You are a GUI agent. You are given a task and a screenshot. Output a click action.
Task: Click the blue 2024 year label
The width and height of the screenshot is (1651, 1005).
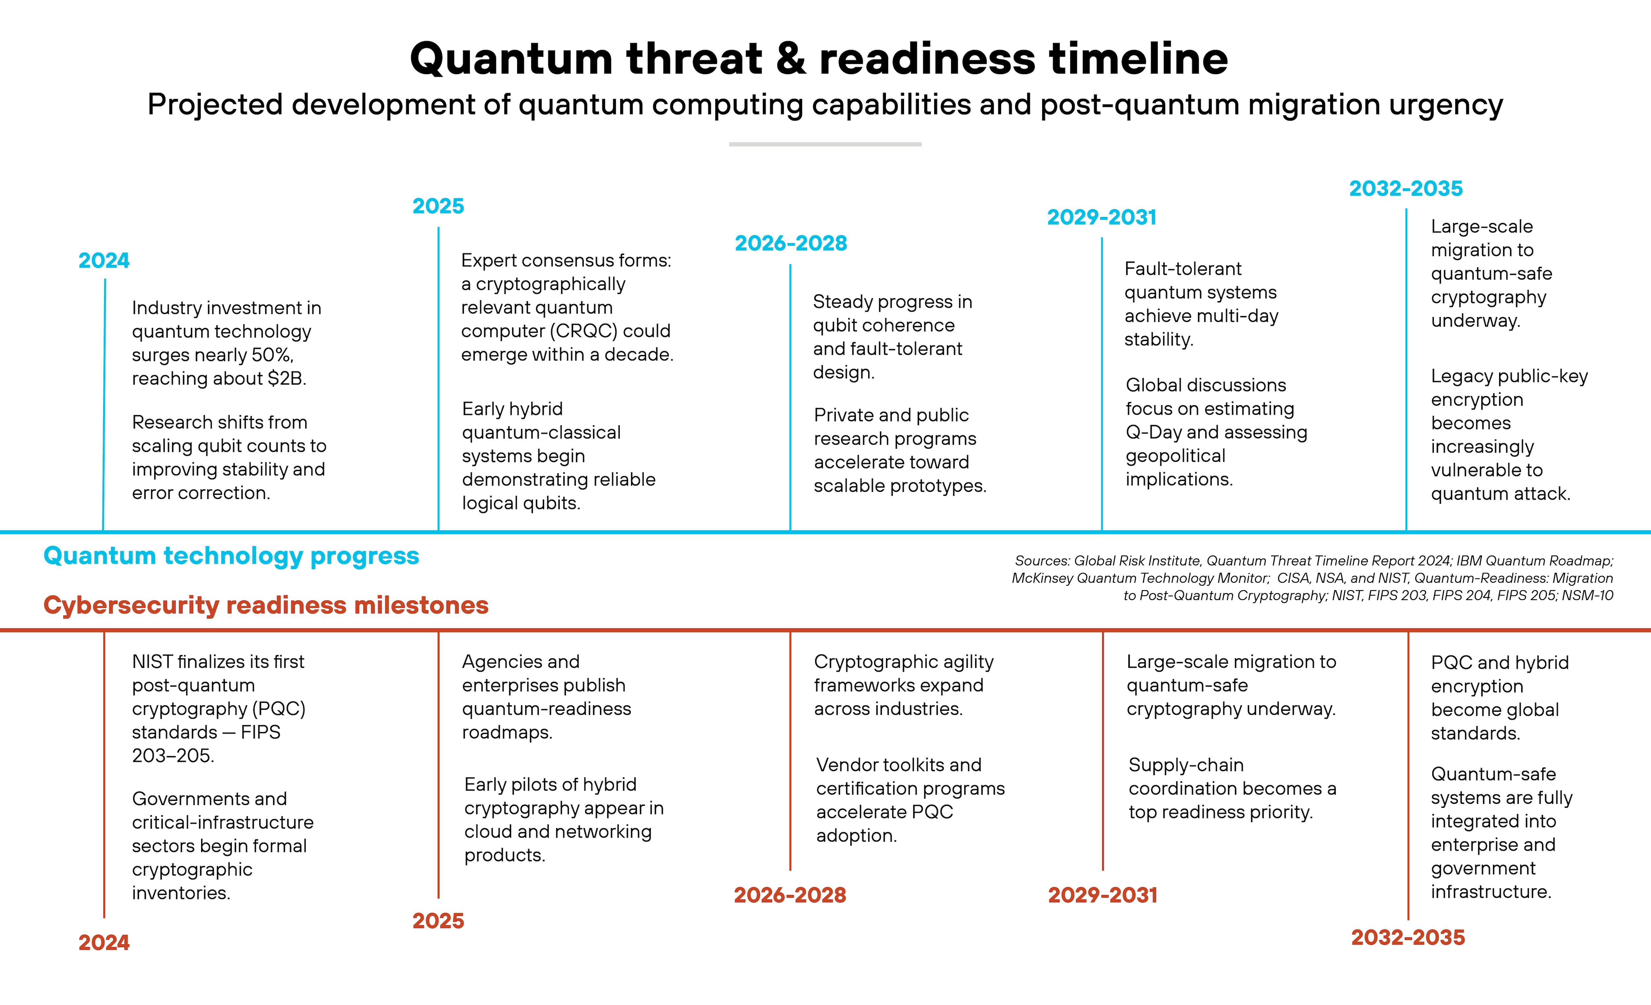[x=104, y=260]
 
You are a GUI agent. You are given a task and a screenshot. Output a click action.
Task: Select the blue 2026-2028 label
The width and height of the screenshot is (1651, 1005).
[x=790, y=243]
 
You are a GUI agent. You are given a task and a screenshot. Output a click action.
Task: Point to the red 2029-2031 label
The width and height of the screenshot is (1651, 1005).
[x=1102, y=895]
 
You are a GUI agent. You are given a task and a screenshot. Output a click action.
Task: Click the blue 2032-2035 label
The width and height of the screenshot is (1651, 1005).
[x=1406, y=189]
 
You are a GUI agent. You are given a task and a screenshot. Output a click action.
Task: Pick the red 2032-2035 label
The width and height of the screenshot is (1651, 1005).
[x=1408, y=937]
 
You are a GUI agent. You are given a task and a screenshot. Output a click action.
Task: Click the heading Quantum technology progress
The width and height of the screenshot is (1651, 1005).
[x=231, y=556]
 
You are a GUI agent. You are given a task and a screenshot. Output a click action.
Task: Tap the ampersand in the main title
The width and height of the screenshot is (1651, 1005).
[x=790, y=59]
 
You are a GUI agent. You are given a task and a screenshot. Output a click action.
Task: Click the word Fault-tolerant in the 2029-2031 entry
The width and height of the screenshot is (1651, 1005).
[x=1183, y=269]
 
